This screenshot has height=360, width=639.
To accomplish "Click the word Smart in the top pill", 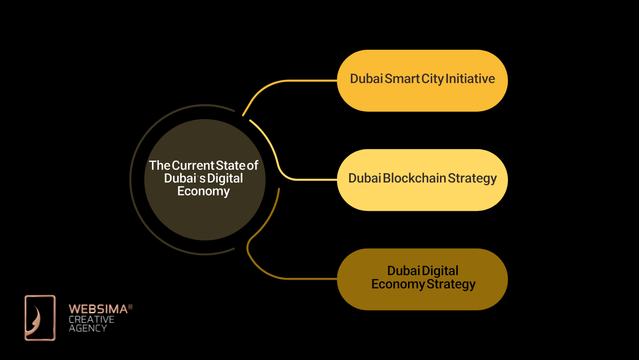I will (x=402, y=79).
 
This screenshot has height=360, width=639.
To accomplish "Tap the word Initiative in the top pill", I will (x=470, y=79).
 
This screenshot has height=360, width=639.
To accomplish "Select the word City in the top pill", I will (x=433, y=79).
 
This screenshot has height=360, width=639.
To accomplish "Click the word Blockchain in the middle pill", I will (x=414, y=178).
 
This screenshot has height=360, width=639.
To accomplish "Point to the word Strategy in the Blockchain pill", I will (x=472, y=178).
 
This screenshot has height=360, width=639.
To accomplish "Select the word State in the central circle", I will (x=231, y=166).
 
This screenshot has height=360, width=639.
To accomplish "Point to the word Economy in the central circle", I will (x=204, y=191).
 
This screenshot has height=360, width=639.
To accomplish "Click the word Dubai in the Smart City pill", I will (x=366, y=79).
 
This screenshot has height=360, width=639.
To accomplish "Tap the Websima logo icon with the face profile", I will (x=40, y=318).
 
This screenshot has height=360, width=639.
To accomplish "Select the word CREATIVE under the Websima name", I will (x=91, y=319).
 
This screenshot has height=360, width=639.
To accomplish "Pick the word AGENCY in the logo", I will (x=88, y=328).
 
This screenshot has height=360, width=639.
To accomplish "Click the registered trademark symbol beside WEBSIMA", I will (x=131, y=307).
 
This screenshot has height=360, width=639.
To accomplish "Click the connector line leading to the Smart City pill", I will (x=292, y=81).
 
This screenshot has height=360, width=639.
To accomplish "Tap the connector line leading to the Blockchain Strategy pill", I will (x=292, y=179).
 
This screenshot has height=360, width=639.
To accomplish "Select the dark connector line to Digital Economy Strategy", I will (x=292, y=278).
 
